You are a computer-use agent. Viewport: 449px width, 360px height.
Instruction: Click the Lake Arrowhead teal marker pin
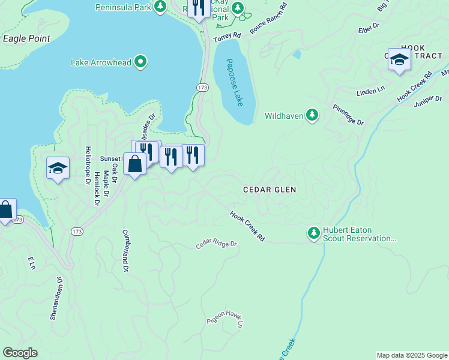[140, 62]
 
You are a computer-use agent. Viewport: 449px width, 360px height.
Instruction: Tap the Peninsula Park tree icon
[160, 7]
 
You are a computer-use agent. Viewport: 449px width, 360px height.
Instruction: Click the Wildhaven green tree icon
[312, 115]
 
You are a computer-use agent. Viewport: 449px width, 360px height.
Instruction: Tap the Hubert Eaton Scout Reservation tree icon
[313, 233]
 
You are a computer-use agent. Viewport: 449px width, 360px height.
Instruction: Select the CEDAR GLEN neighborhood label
[270, 190]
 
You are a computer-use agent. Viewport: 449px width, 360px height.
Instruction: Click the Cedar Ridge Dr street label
[217, 245]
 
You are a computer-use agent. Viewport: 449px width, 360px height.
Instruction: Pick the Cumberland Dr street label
[126, 250]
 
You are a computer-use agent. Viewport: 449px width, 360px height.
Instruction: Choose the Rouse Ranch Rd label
[268, 17]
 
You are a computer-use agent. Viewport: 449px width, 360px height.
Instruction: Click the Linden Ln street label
[370, 91]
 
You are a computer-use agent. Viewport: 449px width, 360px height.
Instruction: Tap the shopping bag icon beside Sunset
[135, 163]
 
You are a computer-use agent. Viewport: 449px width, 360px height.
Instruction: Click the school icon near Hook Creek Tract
[399, 59]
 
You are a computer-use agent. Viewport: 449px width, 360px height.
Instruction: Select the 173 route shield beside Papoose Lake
[202, 88]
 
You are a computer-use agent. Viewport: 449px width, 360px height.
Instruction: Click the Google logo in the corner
[20, 353]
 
